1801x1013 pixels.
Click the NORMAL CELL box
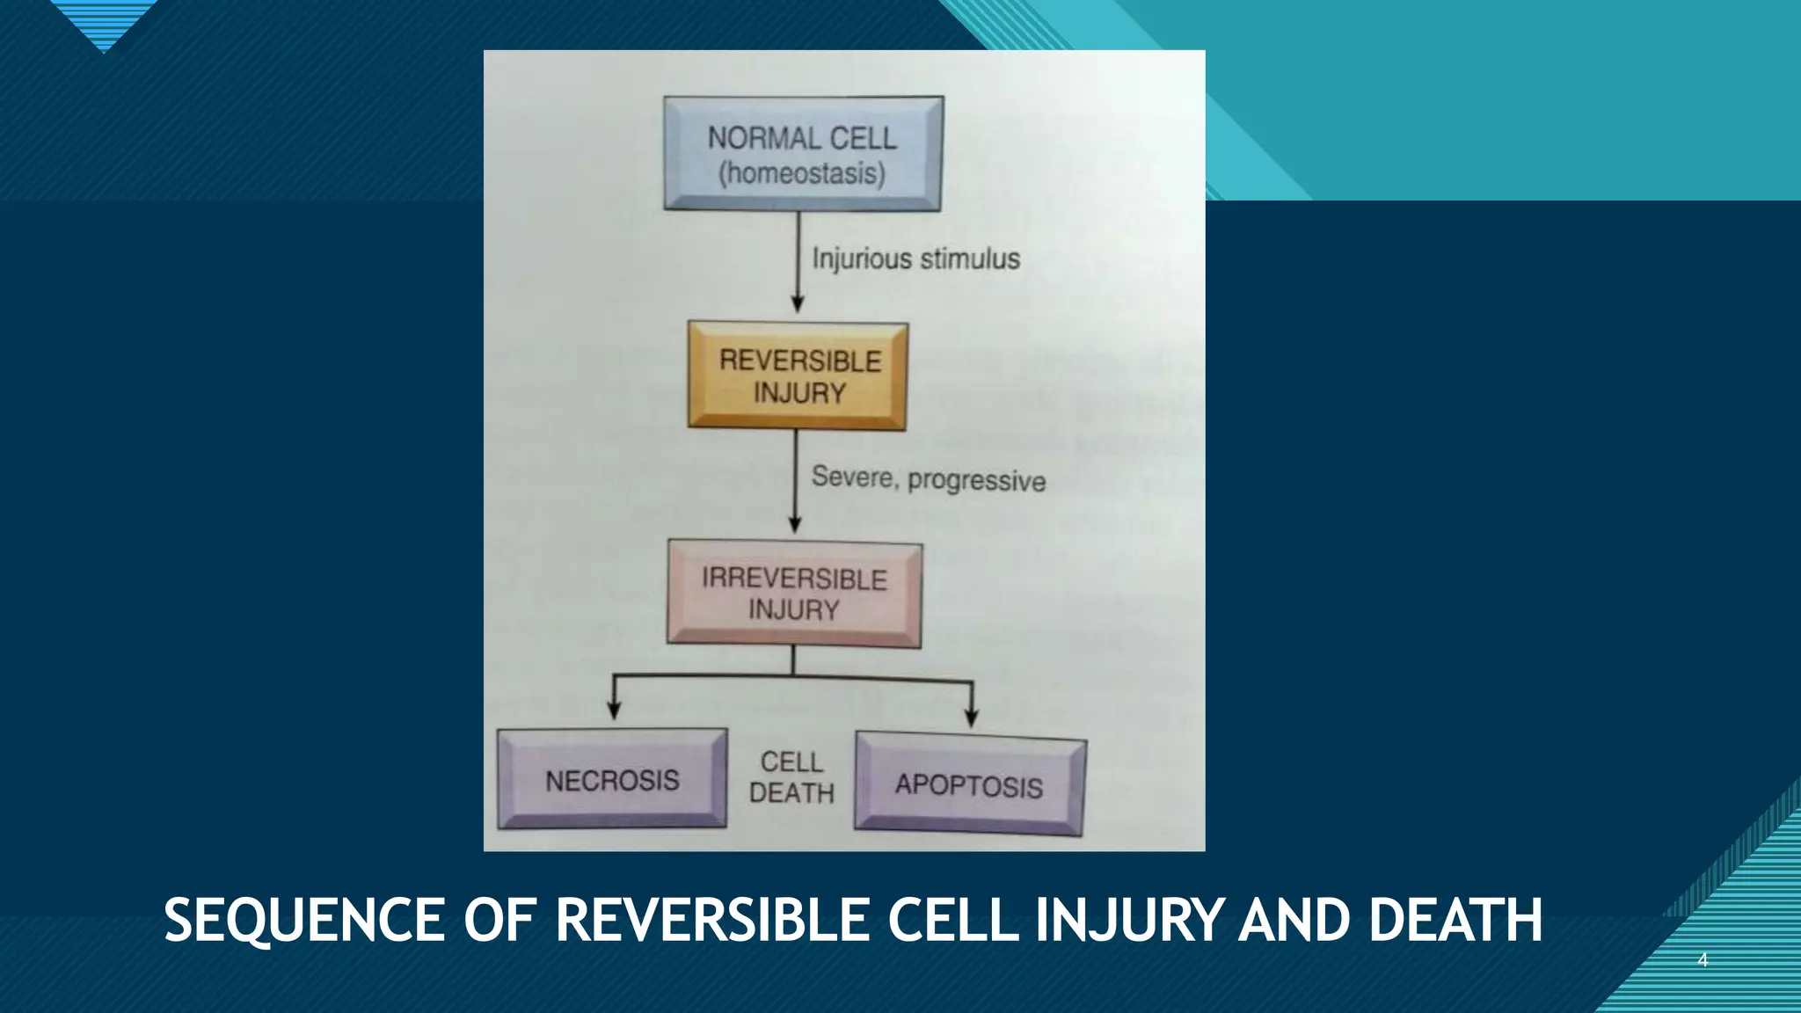(x=802, y=153)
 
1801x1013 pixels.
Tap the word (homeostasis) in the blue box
(x=802, y=173)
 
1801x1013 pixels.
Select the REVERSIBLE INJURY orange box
(x=798, y=376)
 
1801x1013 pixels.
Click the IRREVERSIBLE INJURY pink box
(x=794, y=594)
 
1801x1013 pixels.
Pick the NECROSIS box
(x=612, y=779)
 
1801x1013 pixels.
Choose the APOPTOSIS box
(x=969, y=784)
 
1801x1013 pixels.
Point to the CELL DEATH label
(x=791, y=777)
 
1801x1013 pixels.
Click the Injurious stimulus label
(x=915, y=259)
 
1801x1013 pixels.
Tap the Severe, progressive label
(x=928, y=478)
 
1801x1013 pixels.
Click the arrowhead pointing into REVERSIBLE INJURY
(x=798, y=304)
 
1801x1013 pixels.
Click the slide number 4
(x=1702, y=960)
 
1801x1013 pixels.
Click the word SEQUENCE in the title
(x=304, y=922)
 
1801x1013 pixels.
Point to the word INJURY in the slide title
(x=1128, y=922)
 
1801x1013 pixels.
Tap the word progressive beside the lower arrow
(x=976, y=481)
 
